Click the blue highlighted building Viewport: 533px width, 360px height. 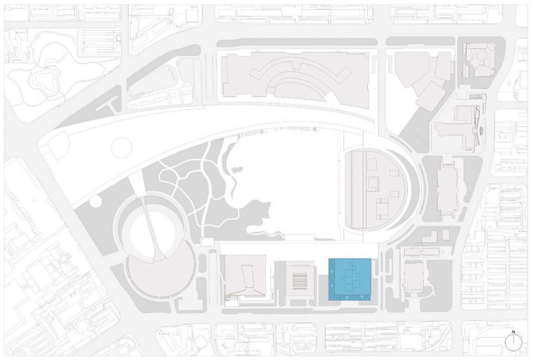(x=349, y=279)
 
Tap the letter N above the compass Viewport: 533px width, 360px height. (x=514, y=332)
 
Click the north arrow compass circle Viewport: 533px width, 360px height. (x=514, y=342)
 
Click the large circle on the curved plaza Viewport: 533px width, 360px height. (x=122, y=147)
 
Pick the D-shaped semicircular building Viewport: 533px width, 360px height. (x=375, y=189)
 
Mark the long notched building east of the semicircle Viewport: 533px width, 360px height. (x=448, y=189)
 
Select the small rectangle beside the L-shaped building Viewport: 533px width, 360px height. (x=446, y=234)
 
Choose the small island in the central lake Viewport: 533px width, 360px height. (x=237, y=169)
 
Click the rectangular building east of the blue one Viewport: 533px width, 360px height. (x=413, y=277)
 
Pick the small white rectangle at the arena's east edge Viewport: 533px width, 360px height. (x=207, y=242)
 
